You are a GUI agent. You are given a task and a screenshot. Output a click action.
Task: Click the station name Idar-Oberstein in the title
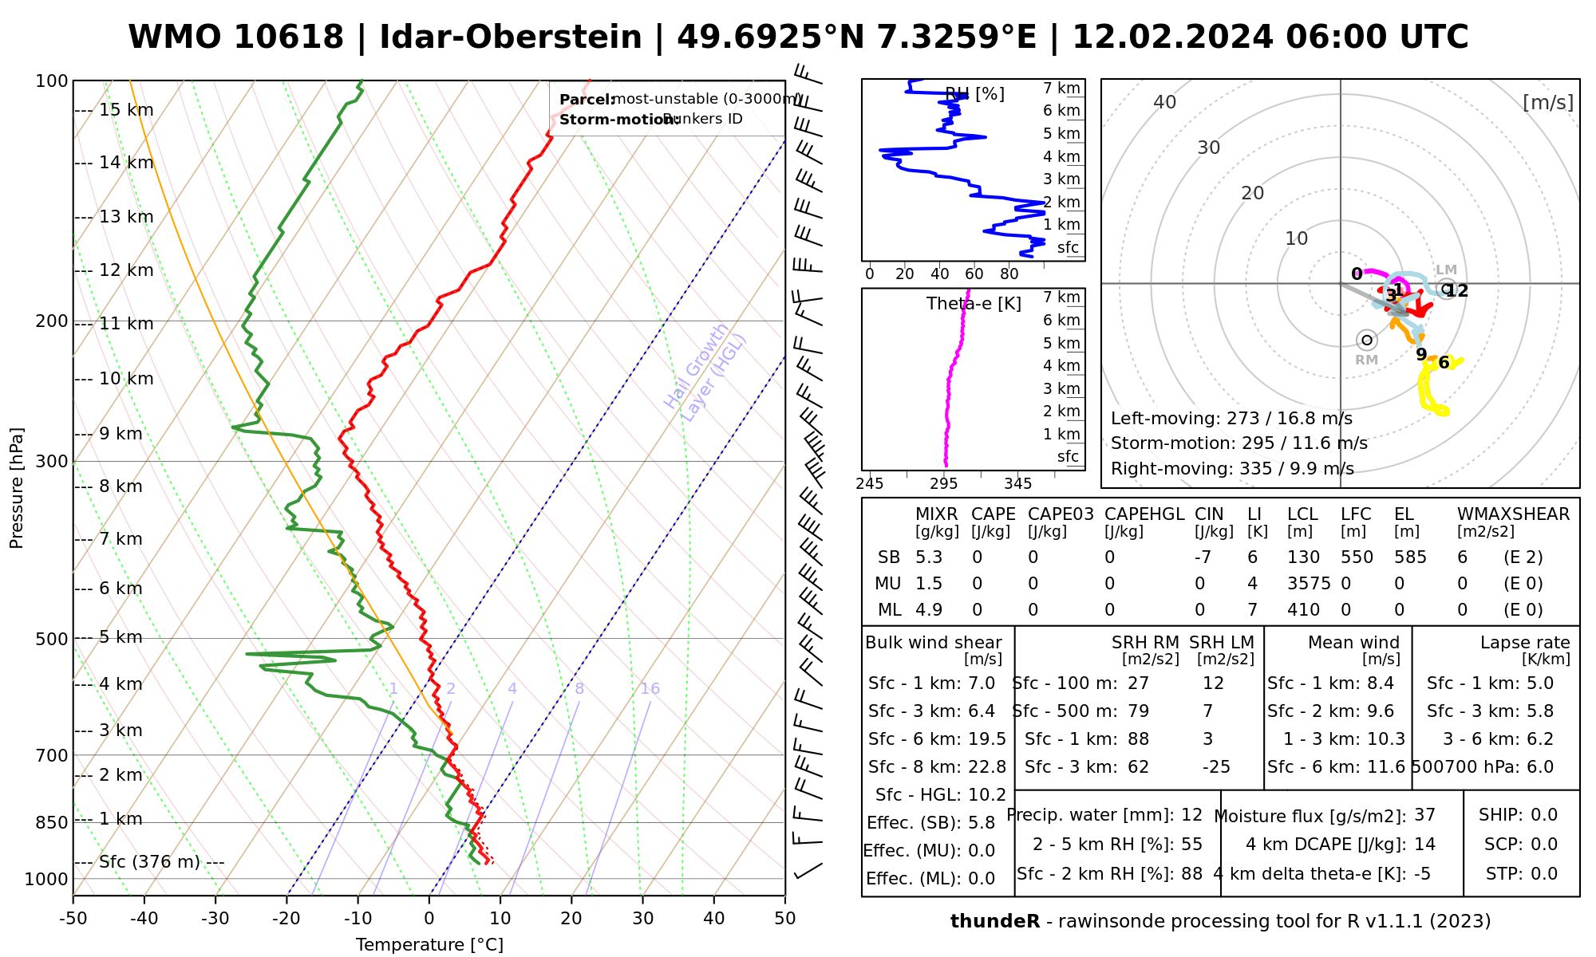(511, 37)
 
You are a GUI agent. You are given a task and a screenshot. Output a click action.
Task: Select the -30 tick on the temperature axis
(215, 919)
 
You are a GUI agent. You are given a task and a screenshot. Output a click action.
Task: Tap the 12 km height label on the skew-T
(126, 270)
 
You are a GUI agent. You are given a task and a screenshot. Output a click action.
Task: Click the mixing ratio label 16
(650, 689)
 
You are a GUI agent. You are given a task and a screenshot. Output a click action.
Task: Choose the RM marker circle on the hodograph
(1367, 341)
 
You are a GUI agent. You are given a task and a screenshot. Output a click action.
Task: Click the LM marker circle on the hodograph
(1446, 288)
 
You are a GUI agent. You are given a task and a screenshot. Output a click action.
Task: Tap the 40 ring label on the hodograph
(1165, 102)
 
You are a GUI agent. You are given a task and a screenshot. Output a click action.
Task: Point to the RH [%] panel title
(974, 94)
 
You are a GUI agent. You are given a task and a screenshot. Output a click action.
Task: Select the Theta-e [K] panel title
(974, 304)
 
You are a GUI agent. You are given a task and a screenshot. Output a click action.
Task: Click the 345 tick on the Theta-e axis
(1017, 484)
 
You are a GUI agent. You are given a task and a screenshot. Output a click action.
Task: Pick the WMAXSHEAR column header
(1513, 514)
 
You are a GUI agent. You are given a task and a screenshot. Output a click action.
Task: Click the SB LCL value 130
(1303, 557)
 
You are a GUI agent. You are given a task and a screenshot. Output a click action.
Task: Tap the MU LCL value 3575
(1309, 584)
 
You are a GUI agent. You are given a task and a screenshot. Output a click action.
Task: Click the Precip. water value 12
(1191, 815)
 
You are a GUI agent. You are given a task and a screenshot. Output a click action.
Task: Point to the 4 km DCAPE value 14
(1424, 845)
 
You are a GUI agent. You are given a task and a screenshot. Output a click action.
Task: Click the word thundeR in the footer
(995, 922)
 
